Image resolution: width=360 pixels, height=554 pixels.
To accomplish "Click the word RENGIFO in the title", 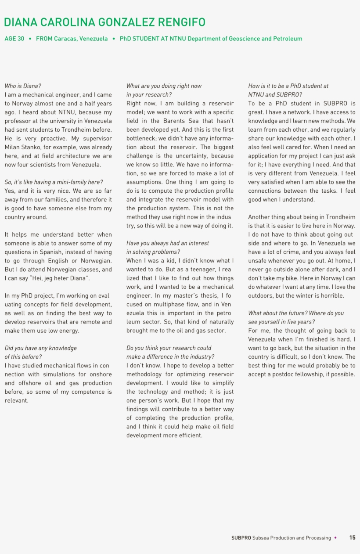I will click(181, 22).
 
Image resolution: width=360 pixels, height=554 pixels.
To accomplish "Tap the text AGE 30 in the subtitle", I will click(14, 39).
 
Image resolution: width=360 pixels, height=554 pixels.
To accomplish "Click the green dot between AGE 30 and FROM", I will click(30, 39).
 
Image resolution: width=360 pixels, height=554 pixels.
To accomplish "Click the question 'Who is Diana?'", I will click(23, 86).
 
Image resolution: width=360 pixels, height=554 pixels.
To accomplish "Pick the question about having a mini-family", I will click(54, 182).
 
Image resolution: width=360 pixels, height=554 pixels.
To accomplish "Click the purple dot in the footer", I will click(335, 537).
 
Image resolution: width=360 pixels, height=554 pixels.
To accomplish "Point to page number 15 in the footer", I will click(353, 537).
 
